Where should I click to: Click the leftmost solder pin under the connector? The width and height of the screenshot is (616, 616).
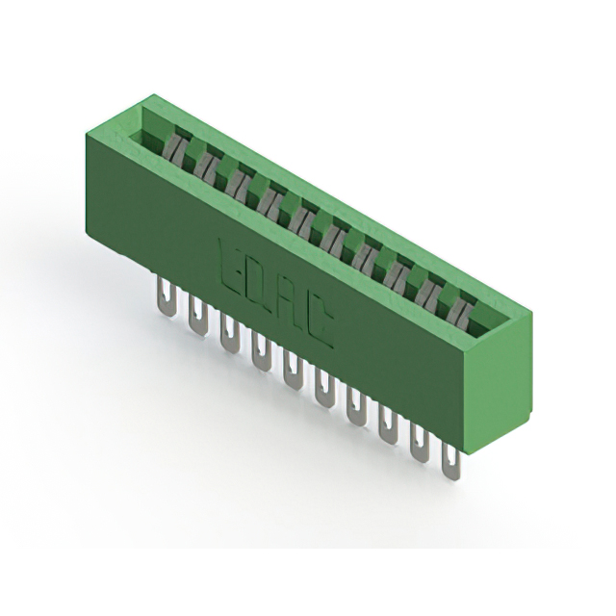pyautogui.click(x=167, y=295)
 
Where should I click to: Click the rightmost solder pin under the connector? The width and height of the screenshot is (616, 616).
pyautogui.click(x=450, y=462)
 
